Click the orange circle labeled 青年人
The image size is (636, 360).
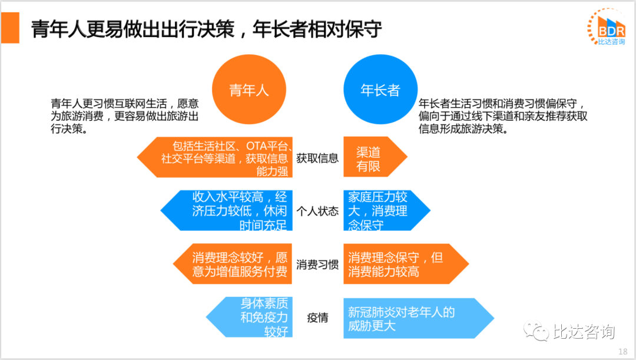[x=249, y=90]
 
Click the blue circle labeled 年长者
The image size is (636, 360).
[x=380, y=90]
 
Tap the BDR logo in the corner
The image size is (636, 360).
[x=607, y=27]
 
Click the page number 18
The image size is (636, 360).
[x=622, y=352]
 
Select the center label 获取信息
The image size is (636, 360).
[x=317, y=158]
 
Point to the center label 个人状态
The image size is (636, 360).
[x=317, y=211]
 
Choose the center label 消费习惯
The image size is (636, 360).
[x=317, y=265]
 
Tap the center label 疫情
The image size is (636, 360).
[x=317, y=318]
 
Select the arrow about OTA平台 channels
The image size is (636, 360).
[x=215, y=157]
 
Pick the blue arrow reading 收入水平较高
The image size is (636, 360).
[x=227, y=210]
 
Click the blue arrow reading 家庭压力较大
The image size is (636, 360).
[x=386, y=210]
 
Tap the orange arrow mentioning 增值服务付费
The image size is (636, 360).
[x=233, y=264]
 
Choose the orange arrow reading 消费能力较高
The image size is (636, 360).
[x=406, y=264]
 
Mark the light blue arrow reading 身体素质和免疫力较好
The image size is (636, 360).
[x=250, y=317]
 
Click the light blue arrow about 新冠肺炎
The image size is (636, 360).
[x=419, y=318]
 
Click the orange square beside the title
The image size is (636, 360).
[x=10, y=28]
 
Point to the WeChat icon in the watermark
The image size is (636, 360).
[x=536, y=331]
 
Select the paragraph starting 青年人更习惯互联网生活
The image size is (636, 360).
[x=124, y=116]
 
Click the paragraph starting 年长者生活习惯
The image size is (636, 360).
[x=503, y=116]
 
